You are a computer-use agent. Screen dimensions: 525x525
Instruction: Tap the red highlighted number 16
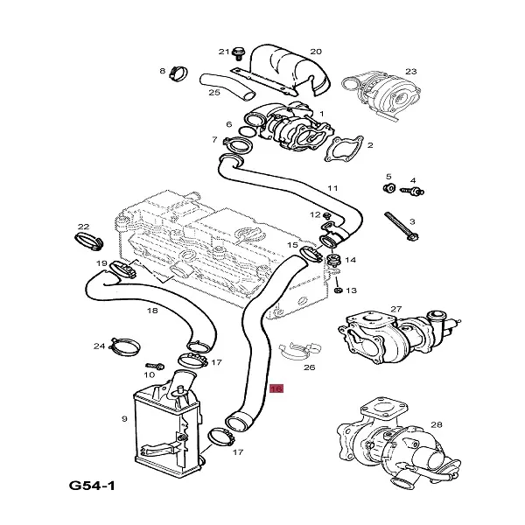(x=276, y=388)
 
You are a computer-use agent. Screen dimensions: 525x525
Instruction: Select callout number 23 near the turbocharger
(x=410, y=71)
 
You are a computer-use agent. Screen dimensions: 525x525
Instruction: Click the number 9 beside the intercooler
(x=124, y=419)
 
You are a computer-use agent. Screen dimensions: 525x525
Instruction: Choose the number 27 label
(x=395, y=308)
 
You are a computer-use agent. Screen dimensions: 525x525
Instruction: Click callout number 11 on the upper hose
(x=332, y=188)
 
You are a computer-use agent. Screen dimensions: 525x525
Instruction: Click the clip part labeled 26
(x=294, y=353)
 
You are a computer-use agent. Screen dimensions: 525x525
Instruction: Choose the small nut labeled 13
(x=337, y=289)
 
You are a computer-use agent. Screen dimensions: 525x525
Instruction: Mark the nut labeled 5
(x=388, y=187)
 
